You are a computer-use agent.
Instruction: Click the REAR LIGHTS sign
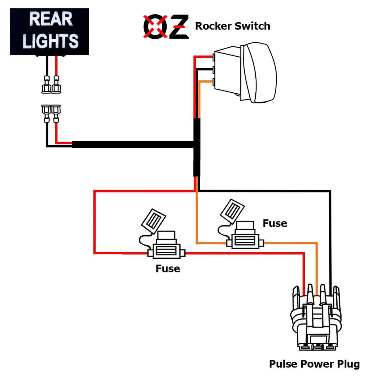click(49, 31)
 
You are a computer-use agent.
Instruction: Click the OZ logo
click(166, 27)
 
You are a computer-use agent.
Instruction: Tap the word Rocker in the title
click(213, 26)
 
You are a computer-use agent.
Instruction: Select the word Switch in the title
click(252, 26)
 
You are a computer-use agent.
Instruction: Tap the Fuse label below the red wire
click(168, 269)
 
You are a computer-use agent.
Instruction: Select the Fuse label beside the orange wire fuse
click(275, 223)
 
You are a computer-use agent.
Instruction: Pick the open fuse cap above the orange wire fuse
click(232, 210)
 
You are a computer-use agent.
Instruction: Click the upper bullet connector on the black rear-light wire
click(46, 85)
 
